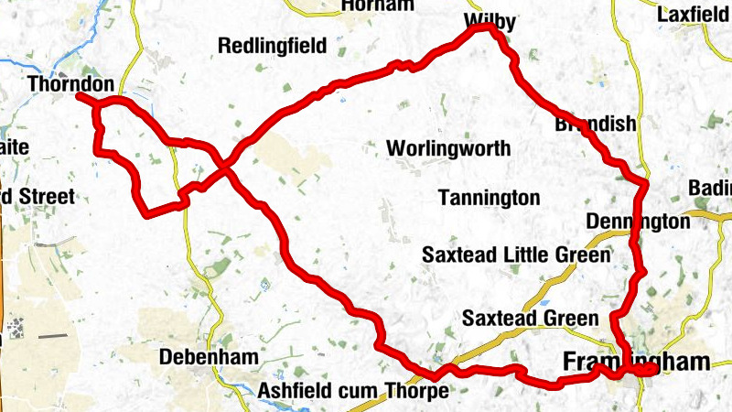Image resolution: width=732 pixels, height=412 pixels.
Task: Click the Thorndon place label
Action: click(71, 85)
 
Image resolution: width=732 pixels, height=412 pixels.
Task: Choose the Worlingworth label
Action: click(448, 149)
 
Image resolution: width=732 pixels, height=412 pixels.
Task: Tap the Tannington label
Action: click(489, 198)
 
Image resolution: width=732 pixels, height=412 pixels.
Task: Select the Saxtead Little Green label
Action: click(515, 255)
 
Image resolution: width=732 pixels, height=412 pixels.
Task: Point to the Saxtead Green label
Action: click(530, 319)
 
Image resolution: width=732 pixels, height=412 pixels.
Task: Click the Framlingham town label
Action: click(636, 361)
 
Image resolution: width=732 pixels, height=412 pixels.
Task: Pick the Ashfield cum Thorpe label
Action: click(353, 391)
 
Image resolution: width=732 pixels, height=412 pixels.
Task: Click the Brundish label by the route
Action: click(595, 125)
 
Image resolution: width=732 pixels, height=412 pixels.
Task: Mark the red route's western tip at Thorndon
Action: click(79, 96)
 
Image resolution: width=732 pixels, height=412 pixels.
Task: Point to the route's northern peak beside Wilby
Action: click(483, 27)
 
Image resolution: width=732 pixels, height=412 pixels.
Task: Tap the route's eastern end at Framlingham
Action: click(653, 370)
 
